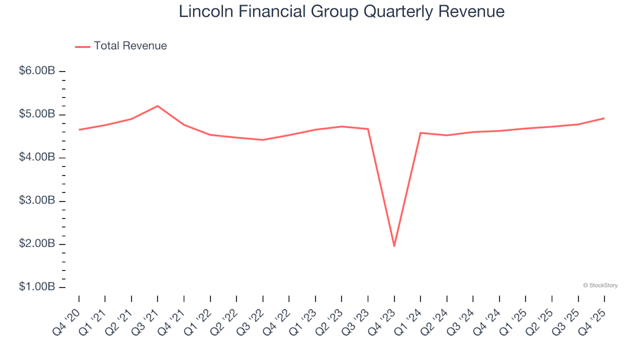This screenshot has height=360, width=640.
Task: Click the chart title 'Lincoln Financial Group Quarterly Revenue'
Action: pyautogui.click(x=341, y=12)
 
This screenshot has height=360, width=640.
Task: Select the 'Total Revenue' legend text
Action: pyautogui.click(x=130, y=46)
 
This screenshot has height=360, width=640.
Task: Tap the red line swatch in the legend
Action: pyautogui.click(x=83, y=47)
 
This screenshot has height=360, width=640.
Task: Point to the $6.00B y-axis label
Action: pyautogui.click(x=37, y=71)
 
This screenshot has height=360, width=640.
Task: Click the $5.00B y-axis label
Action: pyautogui.click(x=37, y=115)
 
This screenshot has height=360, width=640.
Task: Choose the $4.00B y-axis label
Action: pyautogui.click(x=37, y=158)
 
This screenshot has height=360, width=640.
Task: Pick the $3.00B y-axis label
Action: pyautogui.click(x=37, y=201)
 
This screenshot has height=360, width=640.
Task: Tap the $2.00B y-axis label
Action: pyautogui.click(x=37, y=245)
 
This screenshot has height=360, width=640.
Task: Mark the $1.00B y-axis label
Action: pyautogui.click(x=37, y=287)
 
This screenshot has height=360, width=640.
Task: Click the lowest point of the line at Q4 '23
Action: pyautogui.click(x=394, y=246)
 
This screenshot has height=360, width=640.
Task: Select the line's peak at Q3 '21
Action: pyautogui.click(x=157, y=106)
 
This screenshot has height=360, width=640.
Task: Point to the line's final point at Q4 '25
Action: pyautogui.click(x=604, y=119)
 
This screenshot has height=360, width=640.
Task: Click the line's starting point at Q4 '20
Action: pyautogui.click(x=79, y=129)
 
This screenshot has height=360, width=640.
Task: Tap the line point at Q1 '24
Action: pyautogui.click(x=421, y=133)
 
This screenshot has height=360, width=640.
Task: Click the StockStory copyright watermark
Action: pyautogui.click(x=600, y=285)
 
